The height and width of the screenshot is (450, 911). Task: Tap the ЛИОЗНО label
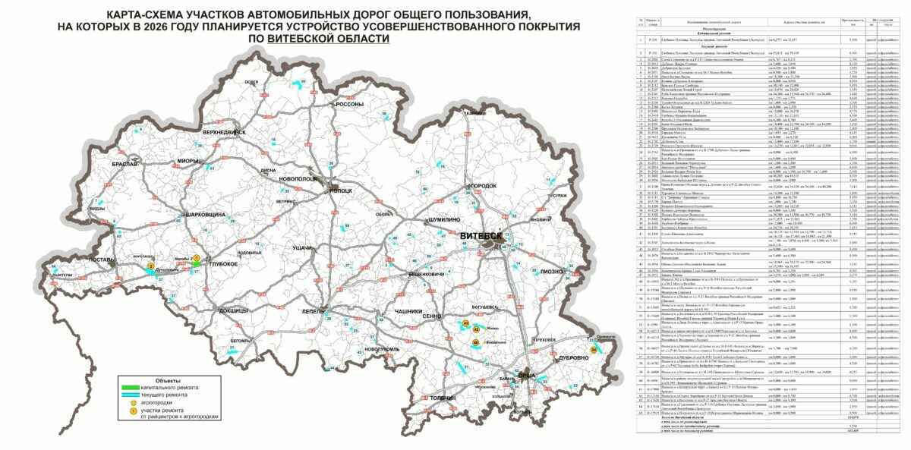[553, 271]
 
